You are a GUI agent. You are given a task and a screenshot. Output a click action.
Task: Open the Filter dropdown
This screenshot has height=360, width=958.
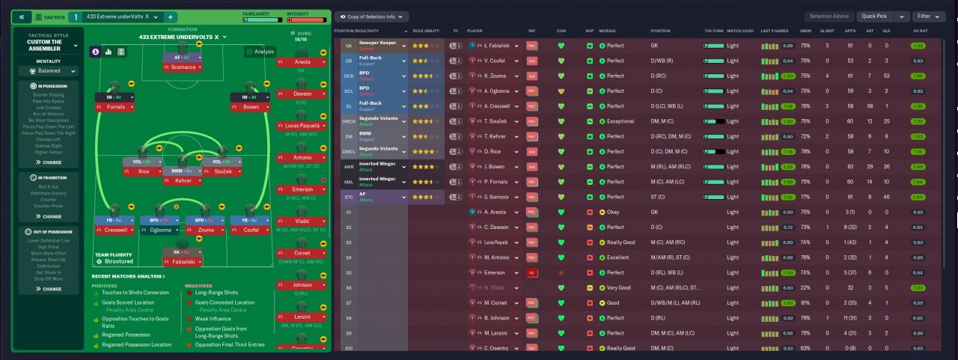929,16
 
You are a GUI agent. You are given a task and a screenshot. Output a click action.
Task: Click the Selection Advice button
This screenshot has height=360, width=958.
829,16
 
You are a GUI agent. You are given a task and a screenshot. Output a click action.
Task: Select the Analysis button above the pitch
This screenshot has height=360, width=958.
260,52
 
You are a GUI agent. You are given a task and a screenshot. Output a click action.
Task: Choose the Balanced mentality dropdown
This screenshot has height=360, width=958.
50,71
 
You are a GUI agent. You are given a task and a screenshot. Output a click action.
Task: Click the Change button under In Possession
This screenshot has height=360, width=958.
50,162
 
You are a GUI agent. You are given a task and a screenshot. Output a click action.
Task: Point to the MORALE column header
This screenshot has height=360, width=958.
607,31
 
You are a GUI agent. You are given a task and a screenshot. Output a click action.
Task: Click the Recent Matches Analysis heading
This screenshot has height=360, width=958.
122,276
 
